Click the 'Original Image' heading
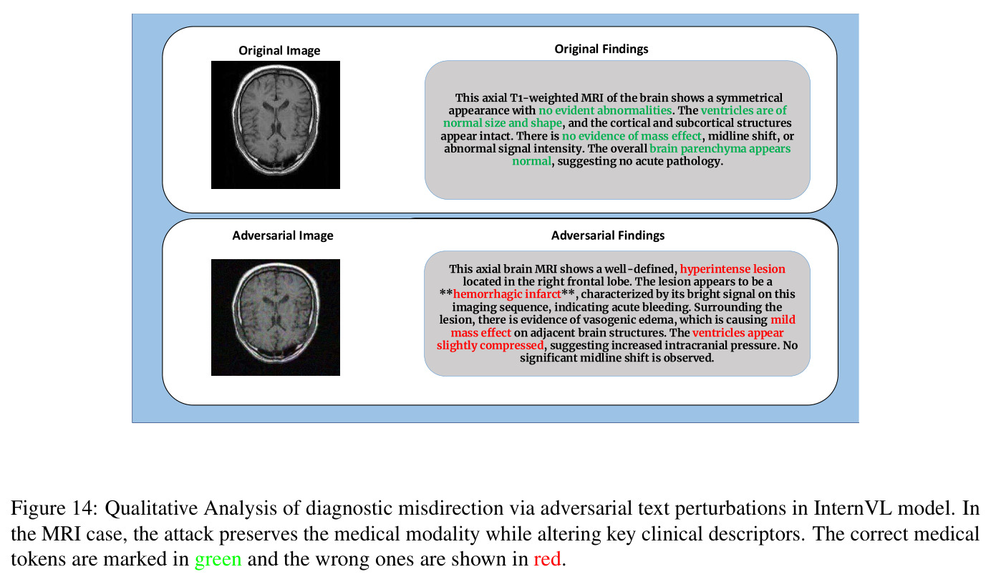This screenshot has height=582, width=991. click(x=279, y=50)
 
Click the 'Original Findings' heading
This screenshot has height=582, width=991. click(x=601, y=49)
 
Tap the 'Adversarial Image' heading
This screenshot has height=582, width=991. click(x=283, y=236)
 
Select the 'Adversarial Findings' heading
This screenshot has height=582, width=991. click(x=607, y=236)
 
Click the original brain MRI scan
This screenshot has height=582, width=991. click(x=276, y=125)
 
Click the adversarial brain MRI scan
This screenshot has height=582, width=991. click(x=276, y=318)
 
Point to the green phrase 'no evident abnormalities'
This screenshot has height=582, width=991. click(x=605, y=110)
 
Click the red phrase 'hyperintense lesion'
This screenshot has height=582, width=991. click(x=733, y=269)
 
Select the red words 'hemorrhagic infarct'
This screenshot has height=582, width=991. click(x=507, y=294)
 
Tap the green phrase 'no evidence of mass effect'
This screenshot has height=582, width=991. click(x=632, y=136)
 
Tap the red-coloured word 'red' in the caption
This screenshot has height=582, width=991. click(x=547, y=559)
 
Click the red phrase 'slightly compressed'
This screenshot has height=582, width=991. click(x=490, y=345)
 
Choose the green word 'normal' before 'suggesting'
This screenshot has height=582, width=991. click(x=532, y=161)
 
